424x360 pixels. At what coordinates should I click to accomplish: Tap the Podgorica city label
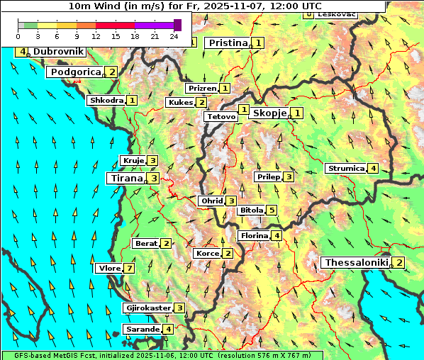tap(75, 72)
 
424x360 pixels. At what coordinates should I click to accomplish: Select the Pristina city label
tap(228, 43)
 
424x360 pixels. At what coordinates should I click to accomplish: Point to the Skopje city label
tap(269, 113)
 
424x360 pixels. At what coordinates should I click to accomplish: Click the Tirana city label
tap(125, 179)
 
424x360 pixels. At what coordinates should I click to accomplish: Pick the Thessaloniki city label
tap(356, 263)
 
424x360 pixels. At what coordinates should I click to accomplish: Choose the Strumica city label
tap(345, 169)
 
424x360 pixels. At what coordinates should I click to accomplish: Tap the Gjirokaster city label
tap(147, 308)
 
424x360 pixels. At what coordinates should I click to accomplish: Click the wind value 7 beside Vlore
tap(129, 269)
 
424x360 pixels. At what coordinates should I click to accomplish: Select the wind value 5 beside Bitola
tap(271, 210)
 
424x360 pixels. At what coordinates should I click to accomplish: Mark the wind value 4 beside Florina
tap(277, 235)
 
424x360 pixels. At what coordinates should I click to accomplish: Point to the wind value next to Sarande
tap(168, 330)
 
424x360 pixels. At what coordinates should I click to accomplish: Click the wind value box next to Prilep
tap(289, 176)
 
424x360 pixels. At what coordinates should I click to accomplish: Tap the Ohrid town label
tap(211, 201)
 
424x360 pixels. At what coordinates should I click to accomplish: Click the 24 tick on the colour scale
tap(174, 35)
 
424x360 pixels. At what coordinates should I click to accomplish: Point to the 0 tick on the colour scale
tap(18, 35)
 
